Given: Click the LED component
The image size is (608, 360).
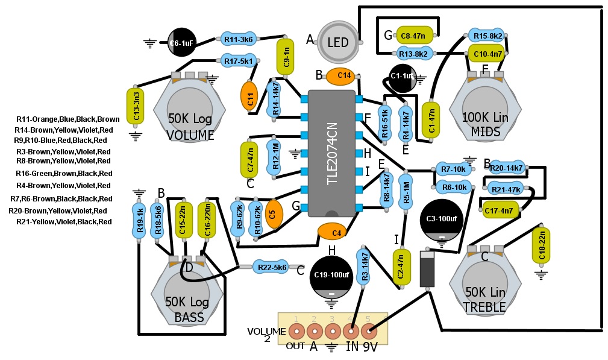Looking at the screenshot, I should tap(337, 42).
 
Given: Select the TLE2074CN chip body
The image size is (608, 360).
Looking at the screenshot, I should tap(331, 153).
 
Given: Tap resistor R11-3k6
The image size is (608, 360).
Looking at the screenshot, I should tap(238, 40).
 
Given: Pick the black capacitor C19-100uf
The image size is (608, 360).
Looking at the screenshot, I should tap(331, 275).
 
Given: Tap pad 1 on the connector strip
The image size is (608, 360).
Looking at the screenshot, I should tap(296, 331).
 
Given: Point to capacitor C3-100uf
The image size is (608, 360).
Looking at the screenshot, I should tap(442, 219).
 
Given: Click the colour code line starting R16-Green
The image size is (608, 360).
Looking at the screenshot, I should tap(64, 173).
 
